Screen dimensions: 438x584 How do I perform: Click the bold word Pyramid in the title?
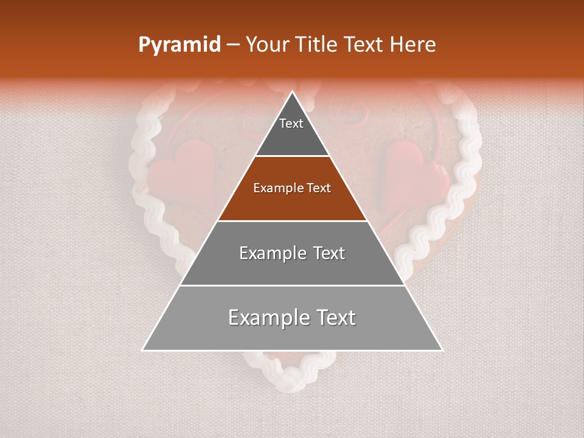[x=179, y=45]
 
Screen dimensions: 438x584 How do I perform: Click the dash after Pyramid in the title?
[x=233, y=45]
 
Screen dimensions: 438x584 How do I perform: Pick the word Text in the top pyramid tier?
[x=291, y=123]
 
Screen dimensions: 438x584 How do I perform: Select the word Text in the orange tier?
[x=319, y=189]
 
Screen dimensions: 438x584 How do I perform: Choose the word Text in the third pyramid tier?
[x=329, y=253]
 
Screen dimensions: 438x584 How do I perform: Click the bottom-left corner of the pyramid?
[x=143, y=350]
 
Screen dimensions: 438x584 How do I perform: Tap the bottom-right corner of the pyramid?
[x=442, y=350]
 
